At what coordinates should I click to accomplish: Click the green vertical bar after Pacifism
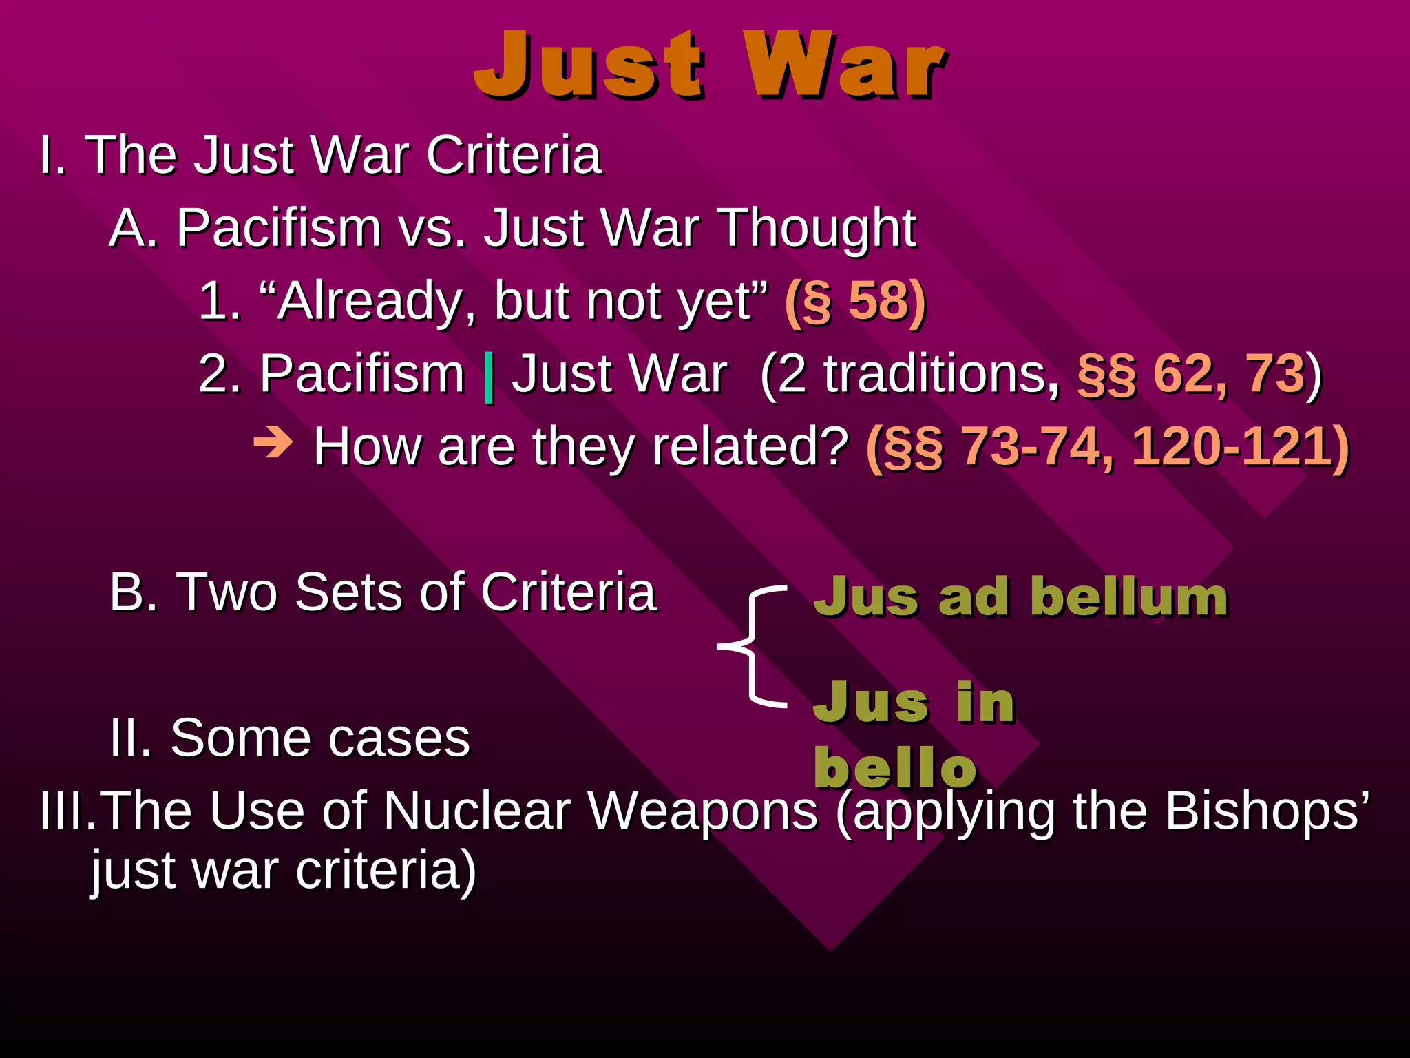tap(489, 377)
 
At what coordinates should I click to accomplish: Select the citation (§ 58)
tap(855, 301)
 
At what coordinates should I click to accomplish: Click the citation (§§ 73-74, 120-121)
tap(1107, 447)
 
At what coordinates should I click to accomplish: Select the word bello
tap(895, 767)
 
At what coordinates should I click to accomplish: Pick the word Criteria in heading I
tap(514, 155)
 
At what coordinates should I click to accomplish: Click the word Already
tap(368, 301)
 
